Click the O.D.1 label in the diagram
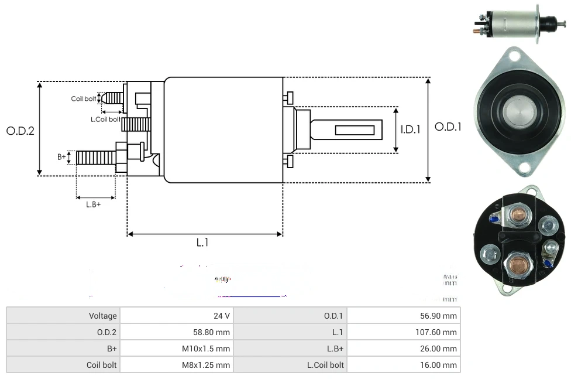[x=448, y=127]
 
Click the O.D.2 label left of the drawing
[x=20, y=131]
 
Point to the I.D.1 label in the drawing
[x=410, y=129]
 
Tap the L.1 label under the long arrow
[x=202, y=243]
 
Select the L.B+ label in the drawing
[x=94, y=204]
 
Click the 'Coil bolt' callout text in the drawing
[x=84, y=98]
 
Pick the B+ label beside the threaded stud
[x=61, y=157]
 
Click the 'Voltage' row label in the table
[x=103, y=316]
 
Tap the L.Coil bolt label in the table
[x=325, y=365]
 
